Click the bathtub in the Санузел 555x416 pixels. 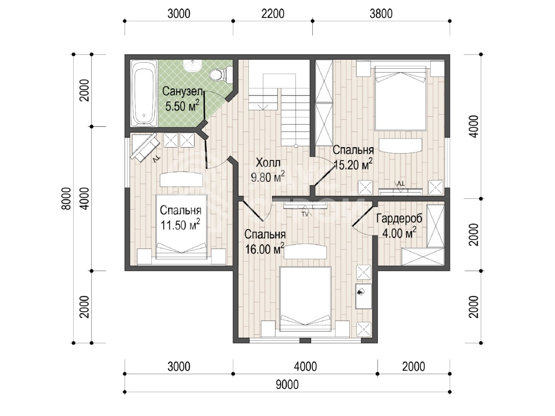[144, 93]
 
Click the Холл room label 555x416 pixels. [268, 163]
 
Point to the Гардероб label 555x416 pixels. [399, 218]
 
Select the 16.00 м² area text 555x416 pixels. [264, 249]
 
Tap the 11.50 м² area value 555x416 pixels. [180, 225]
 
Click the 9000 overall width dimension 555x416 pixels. [287, 385]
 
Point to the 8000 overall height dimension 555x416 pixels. [66, 198]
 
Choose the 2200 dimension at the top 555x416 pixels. [273, 13]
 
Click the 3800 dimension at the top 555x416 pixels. [381, 13]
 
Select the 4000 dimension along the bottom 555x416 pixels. [305, 367]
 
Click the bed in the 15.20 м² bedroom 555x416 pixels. [400, 98]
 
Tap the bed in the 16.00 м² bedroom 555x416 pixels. [305, 299]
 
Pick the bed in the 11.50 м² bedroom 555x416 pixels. [182, 227]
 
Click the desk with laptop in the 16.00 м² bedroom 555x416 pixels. [364, 296]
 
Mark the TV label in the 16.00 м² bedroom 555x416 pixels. [305, 214]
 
